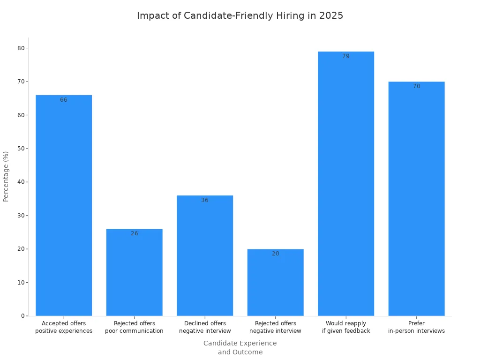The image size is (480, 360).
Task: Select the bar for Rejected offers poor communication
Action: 135,272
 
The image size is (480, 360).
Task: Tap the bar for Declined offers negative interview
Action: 205,255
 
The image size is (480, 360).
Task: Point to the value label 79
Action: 346,56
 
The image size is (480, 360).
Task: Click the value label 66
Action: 64,100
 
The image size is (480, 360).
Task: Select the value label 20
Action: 276,254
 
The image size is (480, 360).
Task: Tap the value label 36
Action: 205,200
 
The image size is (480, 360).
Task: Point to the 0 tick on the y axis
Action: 22,316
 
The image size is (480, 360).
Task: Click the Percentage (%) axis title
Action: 6,176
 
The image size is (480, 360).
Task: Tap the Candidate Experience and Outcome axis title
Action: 240,348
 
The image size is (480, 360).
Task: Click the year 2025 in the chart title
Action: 331,15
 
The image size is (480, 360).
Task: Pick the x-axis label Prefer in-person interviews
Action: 416,327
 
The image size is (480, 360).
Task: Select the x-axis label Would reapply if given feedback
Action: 346,327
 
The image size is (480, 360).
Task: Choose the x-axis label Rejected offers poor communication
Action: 135,327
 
